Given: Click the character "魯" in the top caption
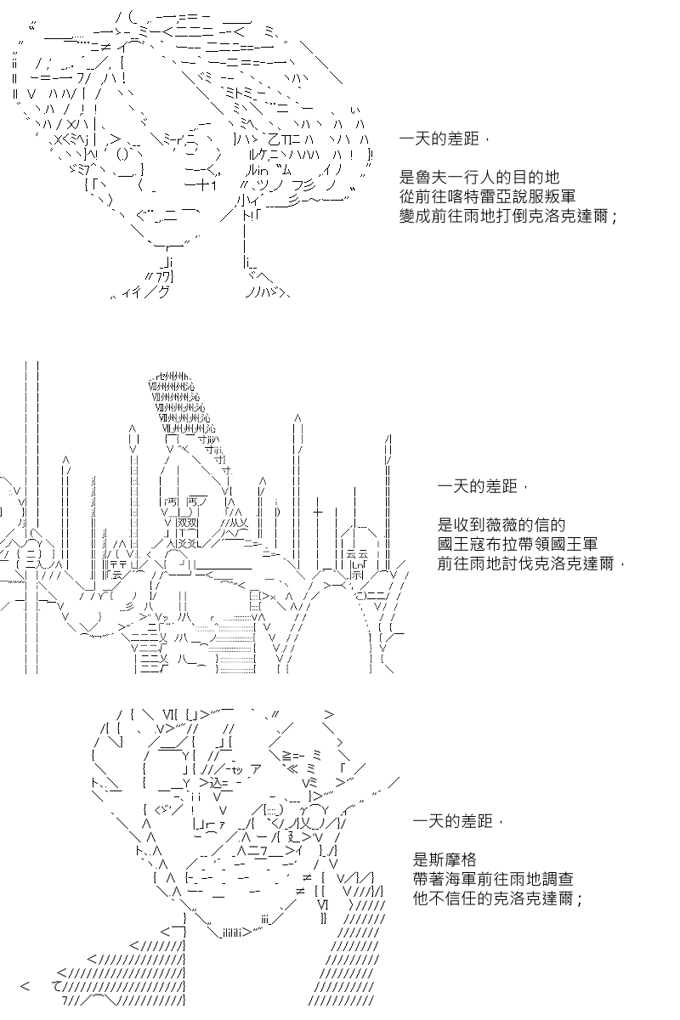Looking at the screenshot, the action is pos(423,177).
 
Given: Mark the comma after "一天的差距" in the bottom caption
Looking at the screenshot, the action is pos(501,822).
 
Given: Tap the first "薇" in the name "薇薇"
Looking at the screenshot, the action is pos(494,525).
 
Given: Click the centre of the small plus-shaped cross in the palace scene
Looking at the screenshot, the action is pos(317,512).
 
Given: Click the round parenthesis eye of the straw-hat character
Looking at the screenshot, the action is pos(123,155).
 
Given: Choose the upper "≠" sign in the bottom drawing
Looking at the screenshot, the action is pos(306,877).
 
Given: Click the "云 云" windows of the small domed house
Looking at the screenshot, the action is pos(357,554).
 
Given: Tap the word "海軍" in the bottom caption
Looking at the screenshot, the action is pos(461,879).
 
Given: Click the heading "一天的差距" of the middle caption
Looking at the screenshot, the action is pos(477,486).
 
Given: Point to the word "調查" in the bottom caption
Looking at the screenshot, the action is pos(558,879).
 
